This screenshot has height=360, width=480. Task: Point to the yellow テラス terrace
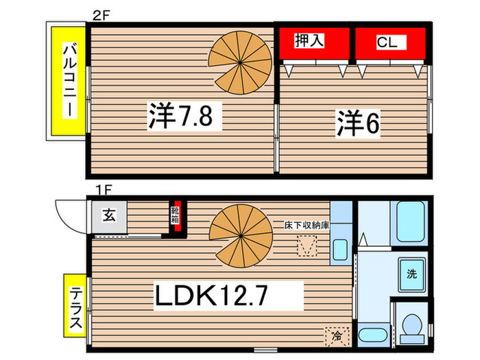coord(75,306)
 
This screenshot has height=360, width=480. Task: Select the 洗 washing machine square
coord(411,274)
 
